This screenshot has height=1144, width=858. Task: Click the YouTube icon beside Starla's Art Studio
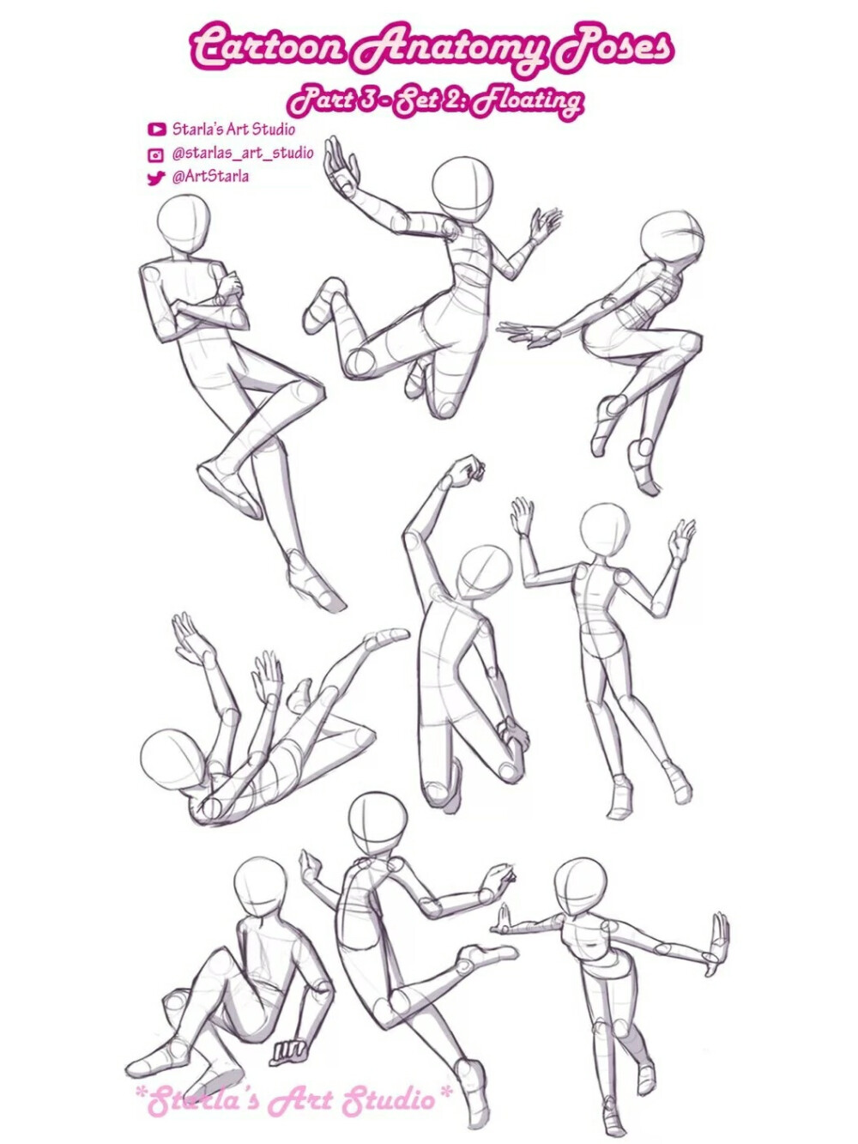(157, 130)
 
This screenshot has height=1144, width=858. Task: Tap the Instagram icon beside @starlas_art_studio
(157, 154)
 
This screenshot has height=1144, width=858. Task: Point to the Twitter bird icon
(156, 179)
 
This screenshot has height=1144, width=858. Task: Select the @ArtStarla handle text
(210, 177)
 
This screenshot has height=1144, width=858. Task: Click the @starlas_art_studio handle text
(243, 154)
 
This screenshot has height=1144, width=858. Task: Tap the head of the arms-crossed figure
(184, 221)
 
